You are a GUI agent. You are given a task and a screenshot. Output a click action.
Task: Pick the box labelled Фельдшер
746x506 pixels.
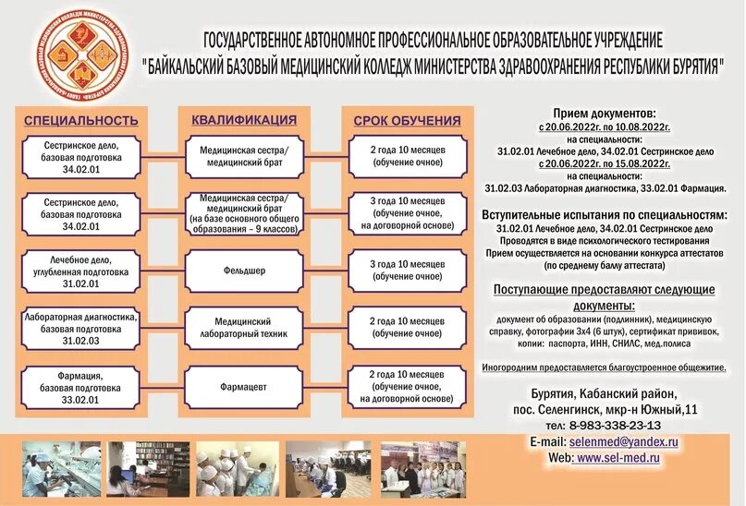click(x=244, y=271)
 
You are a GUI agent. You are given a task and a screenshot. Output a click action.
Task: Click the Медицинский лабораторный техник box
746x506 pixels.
click(x=244, y=328)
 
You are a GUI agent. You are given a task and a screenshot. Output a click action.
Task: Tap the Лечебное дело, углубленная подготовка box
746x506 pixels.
click(x=81, y=271)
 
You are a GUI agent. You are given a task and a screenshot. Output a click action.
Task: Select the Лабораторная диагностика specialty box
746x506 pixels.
click(x=81, y=328)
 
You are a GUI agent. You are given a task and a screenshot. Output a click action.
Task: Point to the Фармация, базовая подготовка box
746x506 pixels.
click(x=81, y=387)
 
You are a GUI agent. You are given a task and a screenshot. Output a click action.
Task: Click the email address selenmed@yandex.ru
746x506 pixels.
click(x=624, y=442)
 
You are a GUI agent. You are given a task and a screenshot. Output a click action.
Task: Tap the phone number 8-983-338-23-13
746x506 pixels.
click(x=616, y=425)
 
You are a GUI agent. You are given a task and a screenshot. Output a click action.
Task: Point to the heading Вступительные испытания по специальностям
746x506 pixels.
click(x=605, y=214)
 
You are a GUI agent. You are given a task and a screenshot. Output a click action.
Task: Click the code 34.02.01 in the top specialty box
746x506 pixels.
click(x=81, y=169)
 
